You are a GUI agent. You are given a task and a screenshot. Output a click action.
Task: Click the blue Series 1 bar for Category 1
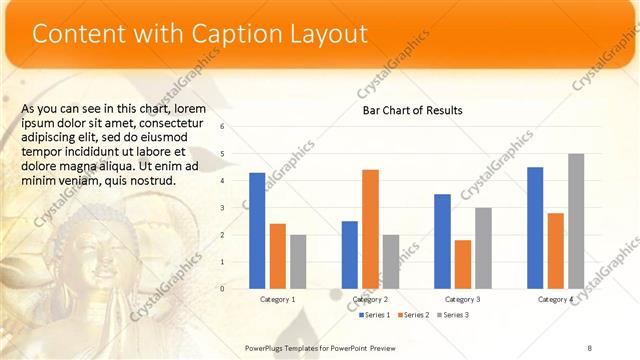pos(257,230)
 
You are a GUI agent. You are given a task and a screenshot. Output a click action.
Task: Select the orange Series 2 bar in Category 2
pos(370,229)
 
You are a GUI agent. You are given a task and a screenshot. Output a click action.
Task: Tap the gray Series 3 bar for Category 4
pos(576,221)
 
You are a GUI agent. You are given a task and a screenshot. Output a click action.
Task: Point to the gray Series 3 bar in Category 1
pos(299,261)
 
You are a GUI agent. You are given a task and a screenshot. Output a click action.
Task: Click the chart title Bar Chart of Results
pos(412,110)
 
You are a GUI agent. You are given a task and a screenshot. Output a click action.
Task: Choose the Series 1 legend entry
pos(375,315)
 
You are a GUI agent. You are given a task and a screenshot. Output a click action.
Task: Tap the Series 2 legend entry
pos(414,315)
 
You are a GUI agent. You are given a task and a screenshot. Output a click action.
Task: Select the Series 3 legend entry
pos(452,315)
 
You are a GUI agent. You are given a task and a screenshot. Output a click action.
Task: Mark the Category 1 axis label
pos(277,299)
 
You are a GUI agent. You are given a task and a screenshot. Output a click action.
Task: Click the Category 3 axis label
pos(462,299)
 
